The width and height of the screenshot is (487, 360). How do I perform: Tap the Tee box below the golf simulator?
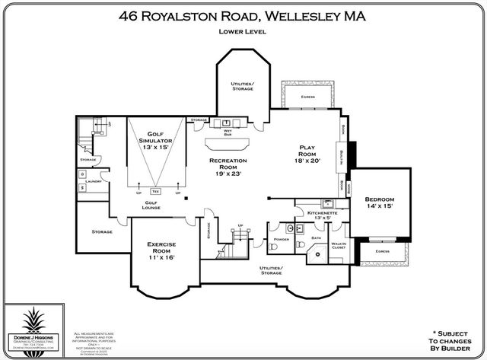(156, 190)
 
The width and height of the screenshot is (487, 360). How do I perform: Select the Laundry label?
(94, 181)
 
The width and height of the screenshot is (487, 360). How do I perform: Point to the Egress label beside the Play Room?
(307, 97)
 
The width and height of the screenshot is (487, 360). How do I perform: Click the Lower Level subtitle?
(243, 32)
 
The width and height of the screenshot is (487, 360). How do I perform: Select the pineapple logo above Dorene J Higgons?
(34, 320)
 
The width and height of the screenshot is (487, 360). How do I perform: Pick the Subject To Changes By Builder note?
(447, 341)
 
